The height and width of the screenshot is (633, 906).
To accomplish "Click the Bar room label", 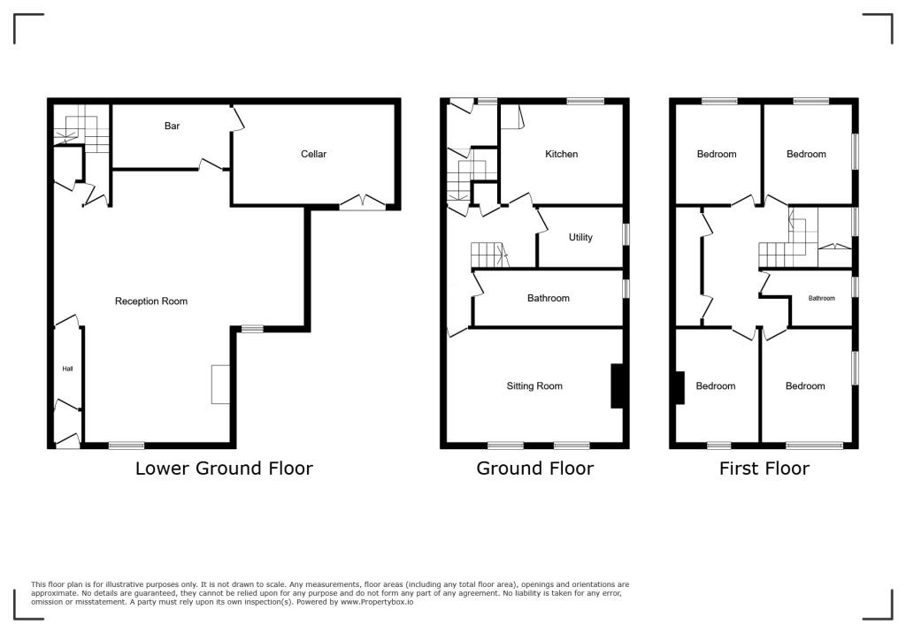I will (172, 126).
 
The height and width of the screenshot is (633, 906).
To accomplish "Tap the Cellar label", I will (313, 154).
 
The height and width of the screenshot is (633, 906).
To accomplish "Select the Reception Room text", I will (151, 301).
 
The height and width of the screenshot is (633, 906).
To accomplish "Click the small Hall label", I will (67, 369).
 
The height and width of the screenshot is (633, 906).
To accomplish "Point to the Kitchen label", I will (561, 154).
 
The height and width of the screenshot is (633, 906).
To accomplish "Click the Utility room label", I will (580, 237).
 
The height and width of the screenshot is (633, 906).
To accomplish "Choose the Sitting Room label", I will (534, 385).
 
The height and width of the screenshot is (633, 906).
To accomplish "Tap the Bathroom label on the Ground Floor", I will (549, 298).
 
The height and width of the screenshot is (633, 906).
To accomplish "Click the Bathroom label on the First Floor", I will (821, 298).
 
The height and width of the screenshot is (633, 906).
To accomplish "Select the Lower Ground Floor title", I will (224, 468).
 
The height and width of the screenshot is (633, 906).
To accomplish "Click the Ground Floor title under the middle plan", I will (534, 468).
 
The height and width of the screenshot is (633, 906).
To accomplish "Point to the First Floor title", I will (764, 468).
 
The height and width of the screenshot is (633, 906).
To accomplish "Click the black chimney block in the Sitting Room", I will (616, 386).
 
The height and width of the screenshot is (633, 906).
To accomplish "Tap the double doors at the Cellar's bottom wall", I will (363, 202).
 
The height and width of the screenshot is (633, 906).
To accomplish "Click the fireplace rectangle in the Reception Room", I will (220, 385).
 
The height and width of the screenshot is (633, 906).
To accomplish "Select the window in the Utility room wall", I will (626, 233).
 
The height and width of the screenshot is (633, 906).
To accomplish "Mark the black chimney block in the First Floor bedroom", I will (679, 387).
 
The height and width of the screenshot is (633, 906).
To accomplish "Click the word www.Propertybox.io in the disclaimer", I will (377, 601).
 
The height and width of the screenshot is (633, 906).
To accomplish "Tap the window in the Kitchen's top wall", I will (585, 102).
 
